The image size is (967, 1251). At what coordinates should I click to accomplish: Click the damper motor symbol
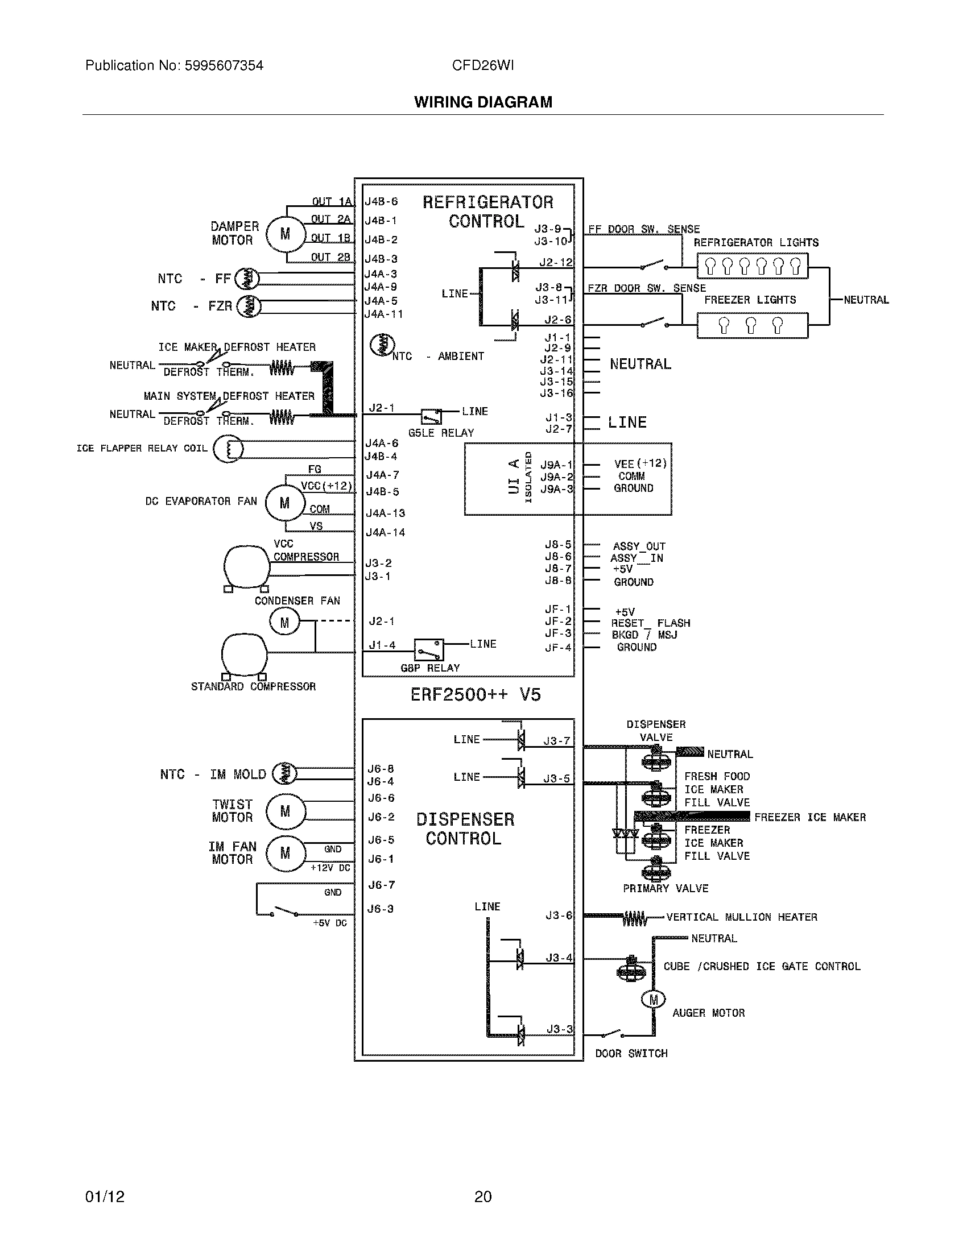point(285,234)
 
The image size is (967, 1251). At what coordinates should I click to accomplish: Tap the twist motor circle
point(285,811)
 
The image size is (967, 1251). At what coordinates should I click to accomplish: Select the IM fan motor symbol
point(285,854)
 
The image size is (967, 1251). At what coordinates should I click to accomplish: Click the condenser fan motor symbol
point(285,623)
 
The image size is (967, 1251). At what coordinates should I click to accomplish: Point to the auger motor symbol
point(653,1000)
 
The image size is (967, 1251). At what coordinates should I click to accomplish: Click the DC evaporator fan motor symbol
point(285,503)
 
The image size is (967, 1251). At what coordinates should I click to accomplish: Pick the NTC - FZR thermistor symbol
point(249,306)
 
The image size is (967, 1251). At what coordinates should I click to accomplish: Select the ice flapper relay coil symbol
point(228,449)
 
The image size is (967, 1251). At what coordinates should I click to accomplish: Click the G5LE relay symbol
point(431,416)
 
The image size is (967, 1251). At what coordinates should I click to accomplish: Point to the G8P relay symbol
point(429,649)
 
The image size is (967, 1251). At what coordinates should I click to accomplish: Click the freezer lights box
point(752,325)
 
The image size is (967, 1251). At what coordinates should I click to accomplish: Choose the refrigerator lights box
point(752,266)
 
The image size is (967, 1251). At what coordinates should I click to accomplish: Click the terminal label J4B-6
point(381,202)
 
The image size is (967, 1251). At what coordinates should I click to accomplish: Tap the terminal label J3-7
point(557,740)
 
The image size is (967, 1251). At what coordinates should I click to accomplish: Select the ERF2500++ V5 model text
point(476,695)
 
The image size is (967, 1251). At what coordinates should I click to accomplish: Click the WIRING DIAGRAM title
point(483,102)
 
